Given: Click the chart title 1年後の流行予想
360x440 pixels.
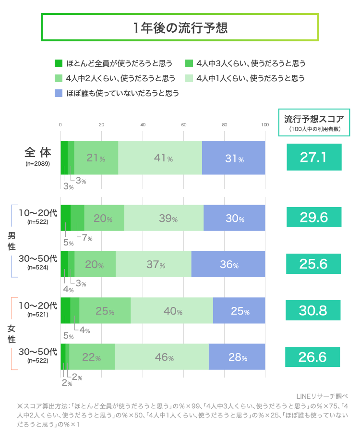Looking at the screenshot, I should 180,27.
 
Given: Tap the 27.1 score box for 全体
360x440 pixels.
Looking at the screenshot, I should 314,157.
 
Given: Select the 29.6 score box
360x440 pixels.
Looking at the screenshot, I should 314,218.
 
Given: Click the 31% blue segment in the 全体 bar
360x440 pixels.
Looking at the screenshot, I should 234,158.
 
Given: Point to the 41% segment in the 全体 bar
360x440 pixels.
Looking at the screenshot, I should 160,158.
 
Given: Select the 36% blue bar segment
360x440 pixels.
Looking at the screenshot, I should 228,264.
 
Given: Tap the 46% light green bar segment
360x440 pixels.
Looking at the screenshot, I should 162,357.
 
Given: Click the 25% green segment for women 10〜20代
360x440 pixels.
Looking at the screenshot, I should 105,311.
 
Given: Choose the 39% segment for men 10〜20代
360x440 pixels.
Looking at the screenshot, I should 164,218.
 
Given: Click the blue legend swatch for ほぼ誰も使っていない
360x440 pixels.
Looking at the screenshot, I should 59,93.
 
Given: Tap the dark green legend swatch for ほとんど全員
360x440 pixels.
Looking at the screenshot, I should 59,63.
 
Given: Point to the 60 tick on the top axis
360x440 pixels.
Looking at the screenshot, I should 184,125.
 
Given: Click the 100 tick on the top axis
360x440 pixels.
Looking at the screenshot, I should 264,125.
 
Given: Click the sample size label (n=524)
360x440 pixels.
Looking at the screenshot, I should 38,268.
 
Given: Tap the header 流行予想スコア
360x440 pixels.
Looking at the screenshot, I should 314,119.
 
